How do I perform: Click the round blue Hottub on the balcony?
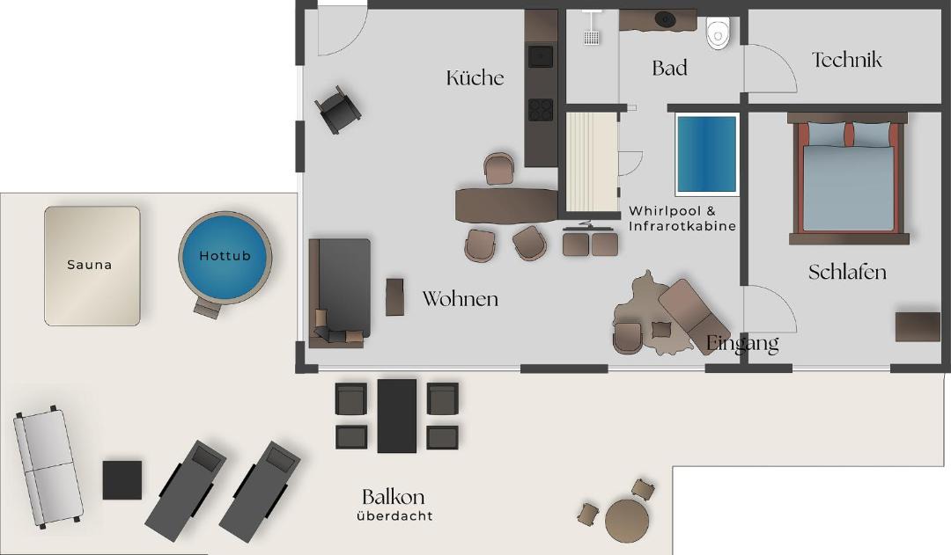tap(225, 257)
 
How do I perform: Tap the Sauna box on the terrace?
tap(92, 266)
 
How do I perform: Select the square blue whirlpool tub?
tap(706, 154)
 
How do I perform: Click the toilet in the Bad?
tap(719, 33)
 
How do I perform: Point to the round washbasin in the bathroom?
tap(666, 20)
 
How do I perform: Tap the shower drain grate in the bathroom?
tap(592, 38)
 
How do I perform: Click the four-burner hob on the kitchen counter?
tap(541, 110)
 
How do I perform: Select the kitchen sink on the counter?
tap(541, 56)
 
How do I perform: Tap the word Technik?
tap(847, 60)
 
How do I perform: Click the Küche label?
tap(475, 77)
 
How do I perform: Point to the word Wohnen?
tap(461, 299)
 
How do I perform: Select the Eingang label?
tap(742, 344)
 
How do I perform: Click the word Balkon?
tap(393, 497)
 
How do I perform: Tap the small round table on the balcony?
tap(627, 519)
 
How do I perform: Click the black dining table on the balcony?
tap(397, 416)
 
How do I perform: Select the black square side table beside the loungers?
tap(122, 480)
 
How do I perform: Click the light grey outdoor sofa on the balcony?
tap(48, 466)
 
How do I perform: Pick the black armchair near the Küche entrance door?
tap(338, 109)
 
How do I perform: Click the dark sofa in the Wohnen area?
tap(340, 293)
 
